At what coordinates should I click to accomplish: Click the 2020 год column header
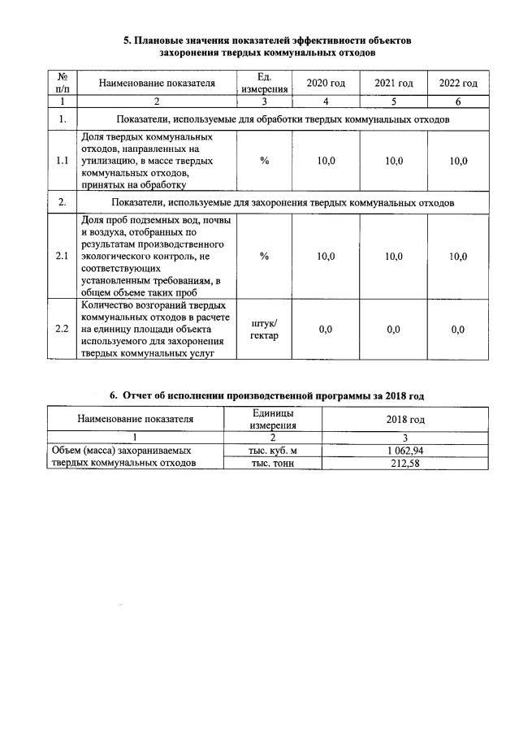pyautogui.click(x=326, y=83)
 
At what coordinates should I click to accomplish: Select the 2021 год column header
pyautogui.click(x=393, y=83)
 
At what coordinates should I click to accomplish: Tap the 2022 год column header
pyautogui.click(x=458, y=83)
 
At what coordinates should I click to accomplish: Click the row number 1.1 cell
pyautogui.click(x=62, y=161)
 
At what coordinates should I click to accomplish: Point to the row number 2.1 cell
pyautogui.click(x=62, y=256)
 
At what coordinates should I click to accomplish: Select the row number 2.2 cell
pyautogui.click(x=62, y=329)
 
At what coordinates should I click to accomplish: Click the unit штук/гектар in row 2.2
pyautogui.click(x=265, y=329)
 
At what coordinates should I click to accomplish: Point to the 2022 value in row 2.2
pyautogui.click(x=458, y=329)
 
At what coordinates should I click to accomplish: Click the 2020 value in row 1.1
pyautogui.click(x=326, y=161)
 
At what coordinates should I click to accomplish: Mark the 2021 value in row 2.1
pyautogui.click(x=393, y=256)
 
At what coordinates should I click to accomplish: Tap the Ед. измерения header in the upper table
pyautogui.click(x=265, y=83)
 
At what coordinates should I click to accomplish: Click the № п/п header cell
pyautogui.click(x=62, y=83)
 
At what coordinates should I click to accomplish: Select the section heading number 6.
pyautogui.click(x=114, y=395)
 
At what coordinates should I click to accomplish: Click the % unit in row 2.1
pyautogui.click(x=265, y=256)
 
